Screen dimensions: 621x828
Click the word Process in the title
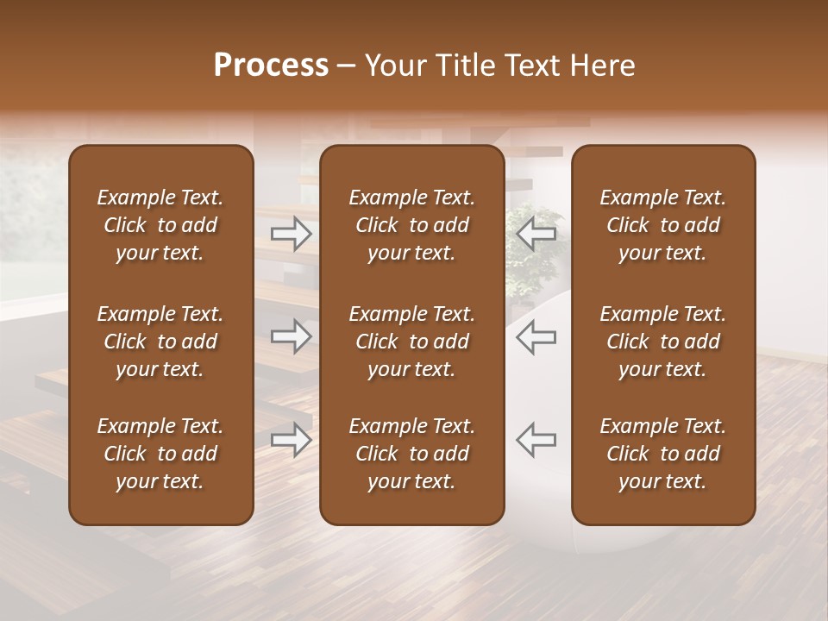coord(271,66)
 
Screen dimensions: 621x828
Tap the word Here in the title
coord(602,66)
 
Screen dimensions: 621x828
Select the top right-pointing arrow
coord(292,234)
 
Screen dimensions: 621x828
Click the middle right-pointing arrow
coord(292,336)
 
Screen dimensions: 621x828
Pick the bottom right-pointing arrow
coord(292,439)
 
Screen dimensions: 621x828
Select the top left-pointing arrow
coord(536,234)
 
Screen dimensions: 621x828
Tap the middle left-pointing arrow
coord(536,336)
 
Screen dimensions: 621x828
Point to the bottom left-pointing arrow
coord(536,439)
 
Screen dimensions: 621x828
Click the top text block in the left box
coord(160,225)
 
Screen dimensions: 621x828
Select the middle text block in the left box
coord(160,342)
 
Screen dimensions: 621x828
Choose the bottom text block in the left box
coord(160,454)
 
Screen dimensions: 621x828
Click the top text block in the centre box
coord(411,225)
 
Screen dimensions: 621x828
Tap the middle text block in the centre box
coord(411,342)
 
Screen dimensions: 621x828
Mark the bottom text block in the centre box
coord(411,454)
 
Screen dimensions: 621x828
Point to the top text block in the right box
coord(663,225)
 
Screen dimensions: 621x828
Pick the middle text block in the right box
coord(663,342)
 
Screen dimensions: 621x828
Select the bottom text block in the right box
coord(663,454)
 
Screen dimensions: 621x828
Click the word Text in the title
coord(533,66)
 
